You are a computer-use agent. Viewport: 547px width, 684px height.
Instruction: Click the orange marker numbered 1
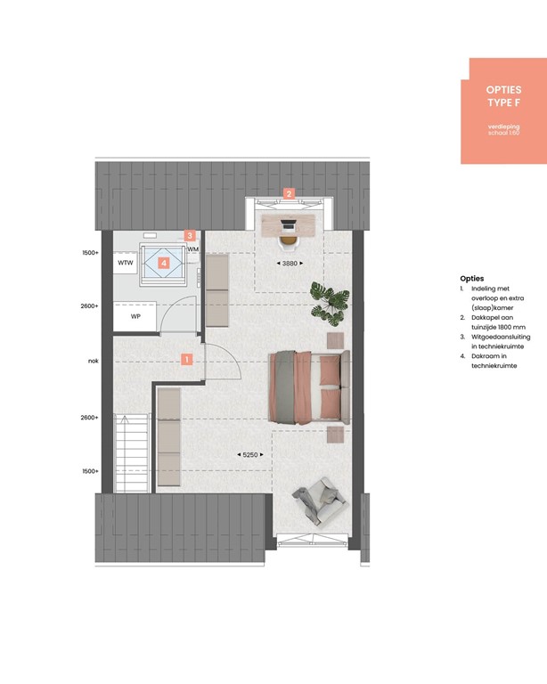pos(187,360)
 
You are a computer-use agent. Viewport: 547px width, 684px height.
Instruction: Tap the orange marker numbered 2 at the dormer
pos(288,192)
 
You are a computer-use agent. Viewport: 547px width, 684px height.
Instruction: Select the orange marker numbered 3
pos(189,236)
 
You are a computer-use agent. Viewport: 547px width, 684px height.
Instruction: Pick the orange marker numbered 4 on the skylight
pos(164,263)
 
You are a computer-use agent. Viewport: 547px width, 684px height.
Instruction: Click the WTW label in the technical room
pos(127,264)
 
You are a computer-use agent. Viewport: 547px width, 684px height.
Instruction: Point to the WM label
pos(192,250)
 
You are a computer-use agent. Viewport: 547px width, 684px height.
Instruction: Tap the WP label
pos(136,316)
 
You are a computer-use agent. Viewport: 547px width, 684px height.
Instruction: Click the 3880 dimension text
pos(289,264)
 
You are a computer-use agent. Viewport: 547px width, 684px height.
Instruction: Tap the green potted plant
pos(327,300)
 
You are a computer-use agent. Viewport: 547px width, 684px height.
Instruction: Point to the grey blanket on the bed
pos(285,384)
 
